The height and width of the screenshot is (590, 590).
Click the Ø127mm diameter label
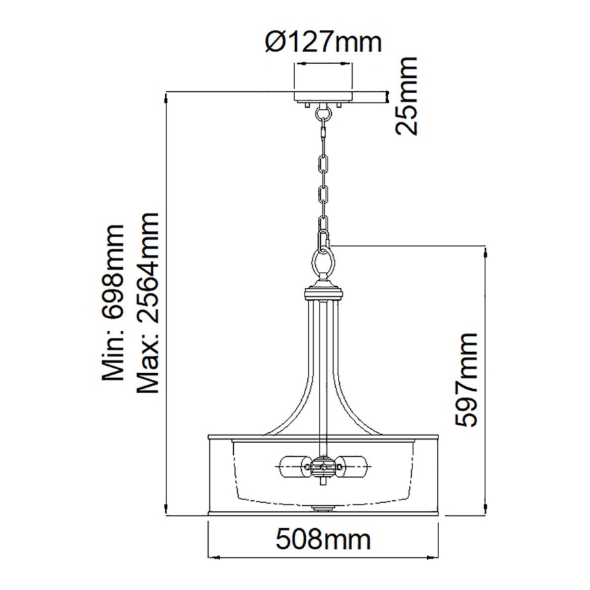pyautogui.click(x=322, y=43)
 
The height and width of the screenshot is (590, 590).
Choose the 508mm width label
pyautogui.click(x=324, y=542)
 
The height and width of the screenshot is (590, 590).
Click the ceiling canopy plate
pyautogui.click(x=323, y=97)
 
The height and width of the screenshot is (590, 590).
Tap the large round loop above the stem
pyautogui.click(x=324, y=261)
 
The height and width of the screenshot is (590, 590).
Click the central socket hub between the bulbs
pyautogui.click(x=324, y=468)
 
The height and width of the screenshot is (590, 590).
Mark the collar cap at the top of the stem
pyautogui.click(x=324, y=293)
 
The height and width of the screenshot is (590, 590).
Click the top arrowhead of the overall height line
pyautogui.click(x=167, y=97)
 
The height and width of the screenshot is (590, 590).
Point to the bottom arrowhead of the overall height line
pyautogui.click(x=167, y=512)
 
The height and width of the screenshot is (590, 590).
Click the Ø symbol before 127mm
pyautogui.click(x=272, y=43)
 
